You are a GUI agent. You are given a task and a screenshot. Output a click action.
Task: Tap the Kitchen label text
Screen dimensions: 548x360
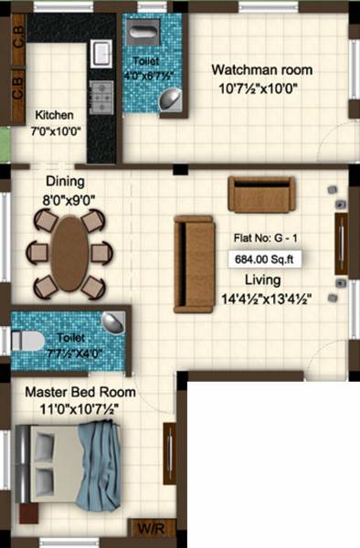54,116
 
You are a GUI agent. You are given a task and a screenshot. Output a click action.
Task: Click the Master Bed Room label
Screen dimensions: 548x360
80,392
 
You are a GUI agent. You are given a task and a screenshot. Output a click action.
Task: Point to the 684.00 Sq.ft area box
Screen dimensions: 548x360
266,258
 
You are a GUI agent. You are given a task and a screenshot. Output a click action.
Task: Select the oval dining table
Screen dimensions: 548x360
70,252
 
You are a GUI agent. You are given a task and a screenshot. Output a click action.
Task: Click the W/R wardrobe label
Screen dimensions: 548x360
146,528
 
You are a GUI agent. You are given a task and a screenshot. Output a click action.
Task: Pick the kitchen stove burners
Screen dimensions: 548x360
101,92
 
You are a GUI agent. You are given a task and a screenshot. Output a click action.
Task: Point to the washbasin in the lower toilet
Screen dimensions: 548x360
111,321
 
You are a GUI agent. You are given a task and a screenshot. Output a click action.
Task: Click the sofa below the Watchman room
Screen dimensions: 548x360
261,194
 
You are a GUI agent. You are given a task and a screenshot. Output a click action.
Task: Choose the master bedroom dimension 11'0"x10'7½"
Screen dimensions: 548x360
80,408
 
